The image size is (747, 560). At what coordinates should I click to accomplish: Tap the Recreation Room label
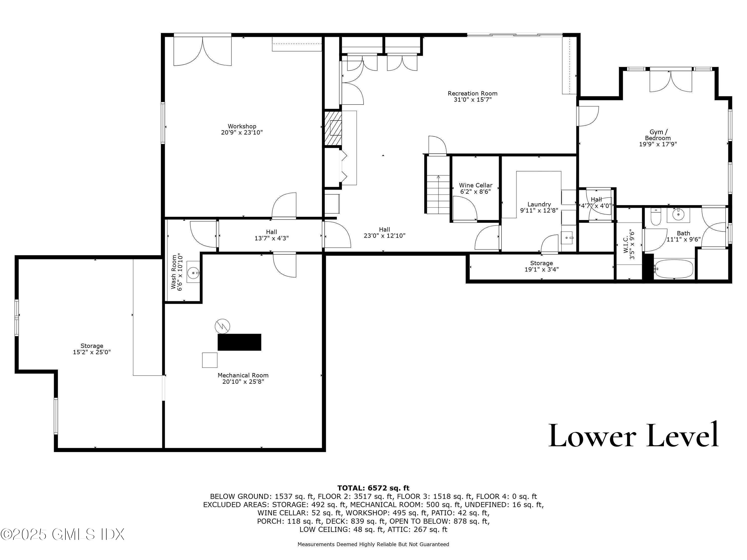[472, 97]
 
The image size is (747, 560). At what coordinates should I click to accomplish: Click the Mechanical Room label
[243, 378]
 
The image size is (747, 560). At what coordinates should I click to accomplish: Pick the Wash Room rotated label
[177, 272]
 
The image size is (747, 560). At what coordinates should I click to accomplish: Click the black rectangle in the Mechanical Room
[240, 342]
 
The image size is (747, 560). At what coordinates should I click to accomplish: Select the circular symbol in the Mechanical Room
[223, 326]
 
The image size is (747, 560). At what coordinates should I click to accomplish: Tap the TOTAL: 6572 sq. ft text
[373, 488]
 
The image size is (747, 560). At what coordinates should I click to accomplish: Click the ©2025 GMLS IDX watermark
[62, 534]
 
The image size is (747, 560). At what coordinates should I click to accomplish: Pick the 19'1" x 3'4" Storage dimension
[541, 269]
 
